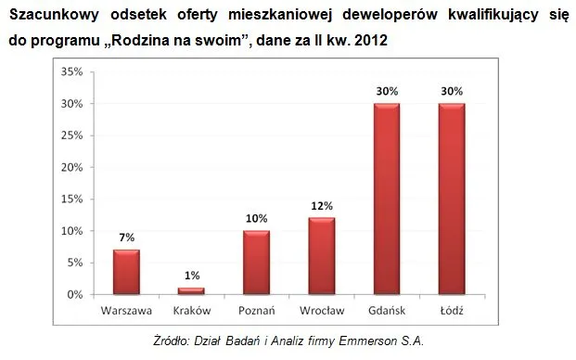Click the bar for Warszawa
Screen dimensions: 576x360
pyautogui.click(x=126, y=272)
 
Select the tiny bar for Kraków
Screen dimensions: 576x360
pyautogui.click(x=191, y=291)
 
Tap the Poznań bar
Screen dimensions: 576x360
pyautogui.click(x=256, y=263)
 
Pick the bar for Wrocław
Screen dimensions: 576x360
pyautogui.click(x=322, y=256)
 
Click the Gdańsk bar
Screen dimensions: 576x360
pyautogui.click(x=387, y=199)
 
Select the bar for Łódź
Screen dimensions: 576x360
pyautogui.click(x=452, y=199)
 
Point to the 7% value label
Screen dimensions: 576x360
pyautogui.click(x=127, y=238)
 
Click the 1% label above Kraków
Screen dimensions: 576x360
pyautogui.click(x=192, y=276)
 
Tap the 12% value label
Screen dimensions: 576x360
pyautogui.click(x=322, y=206)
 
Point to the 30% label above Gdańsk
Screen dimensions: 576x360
pyautogui.click(x=387, y=91)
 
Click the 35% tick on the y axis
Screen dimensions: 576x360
pyautogui.click(x=72, y=71)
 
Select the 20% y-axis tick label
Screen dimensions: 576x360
pyautogui.click(x=72, y=168)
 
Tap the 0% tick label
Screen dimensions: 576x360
pyautogui.click(x=75, y=295)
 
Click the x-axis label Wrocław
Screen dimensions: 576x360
pyautogui.click(x=322, y=311)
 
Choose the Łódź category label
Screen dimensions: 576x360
pyautogui.click(x=452, y=311)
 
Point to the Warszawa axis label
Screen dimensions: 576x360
pyautogui.click(x=126, y=311)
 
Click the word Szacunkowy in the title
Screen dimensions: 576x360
pyautogui.click(x=54, y=15)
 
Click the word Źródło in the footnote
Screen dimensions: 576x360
pyautogui.click(x=172, y=341)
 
